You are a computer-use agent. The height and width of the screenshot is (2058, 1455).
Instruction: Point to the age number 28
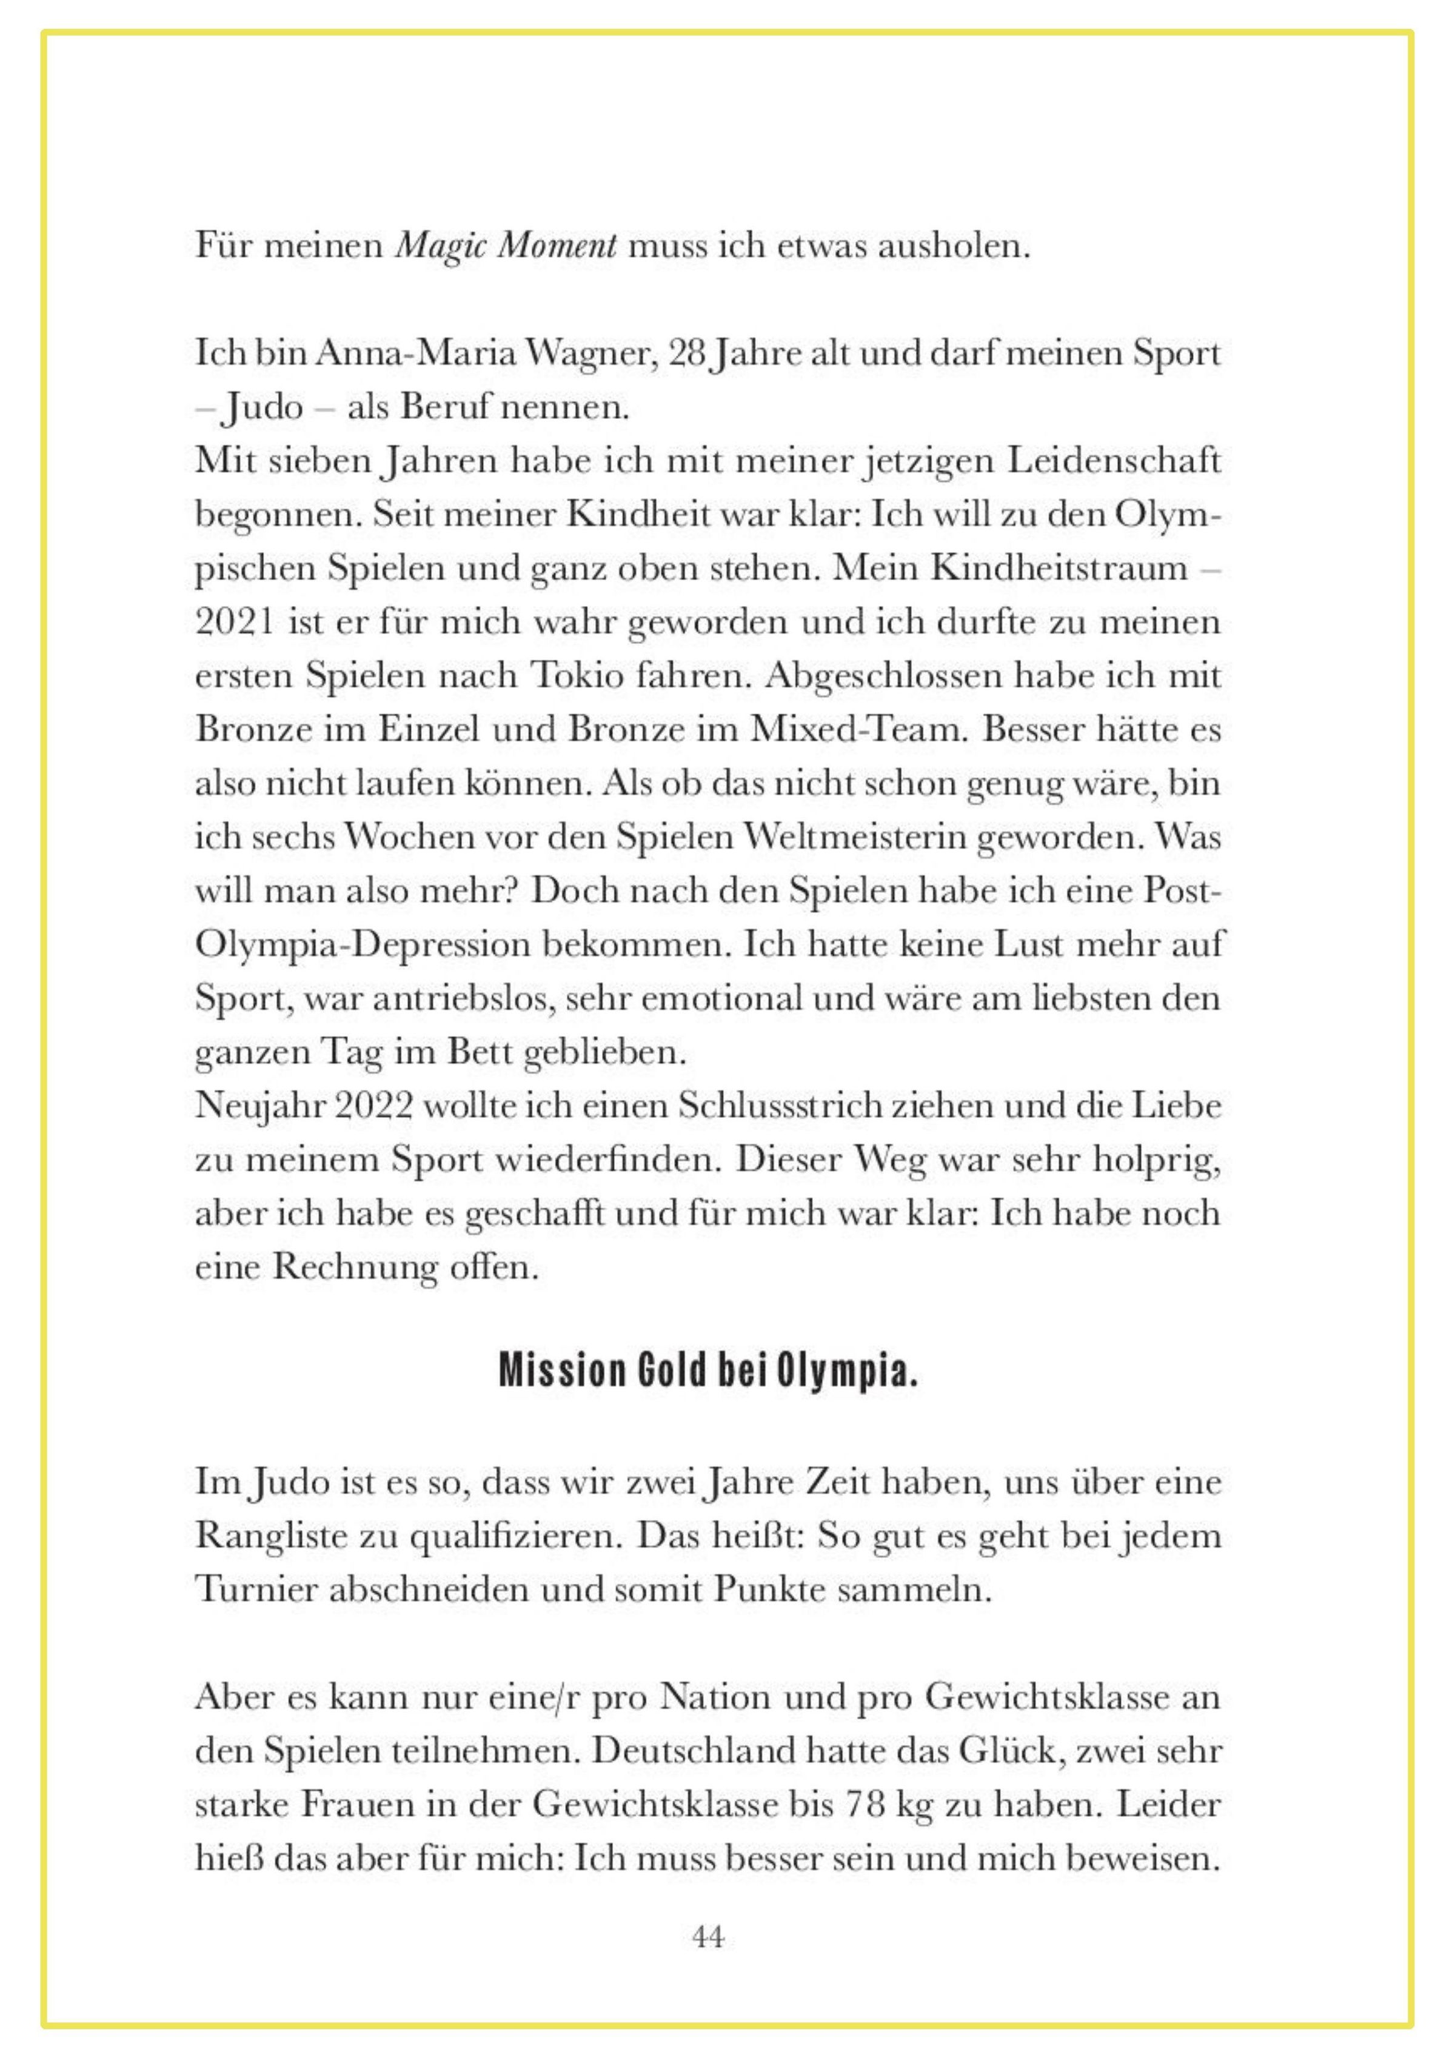coord(687,354)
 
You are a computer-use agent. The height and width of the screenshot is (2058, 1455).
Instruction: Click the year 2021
coord(235,622)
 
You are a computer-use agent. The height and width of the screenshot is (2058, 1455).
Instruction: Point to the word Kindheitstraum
coord(1060,568)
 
